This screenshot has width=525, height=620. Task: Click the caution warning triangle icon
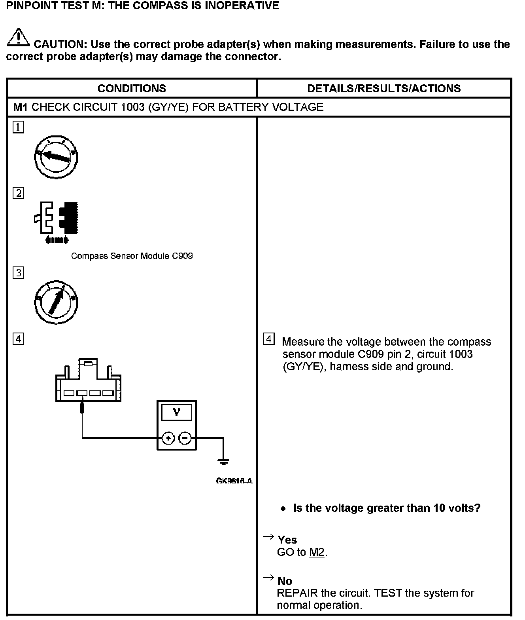pos(18,38)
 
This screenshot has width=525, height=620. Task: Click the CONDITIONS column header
pos(132,88)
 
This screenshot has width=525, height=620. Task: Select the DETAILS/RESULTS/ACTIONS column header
pos(384,88)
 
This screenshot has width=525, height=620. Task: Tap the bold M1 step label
pos(20,107)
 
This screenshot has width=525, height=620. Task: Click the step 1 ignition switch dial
pos(56,157)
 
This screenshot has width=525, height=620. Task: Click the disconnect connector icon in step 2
pos(56,222)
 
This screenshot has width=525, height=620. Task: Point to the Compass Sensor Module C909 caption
pos(132,256)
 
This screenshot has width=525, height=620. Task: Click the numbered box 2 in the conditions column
pos(18,193)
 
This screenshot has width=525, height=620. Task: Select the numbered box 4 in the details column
pos(268,339)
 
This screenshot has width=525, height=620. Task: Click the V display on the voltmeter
pos(177,413)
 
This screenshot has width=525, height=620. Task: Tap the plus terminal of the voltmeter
pos(168,438)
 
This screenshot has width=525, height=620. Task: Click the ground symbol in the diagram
pos(223,461)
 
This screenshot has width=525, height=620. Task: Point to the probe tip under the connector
pos(82,407)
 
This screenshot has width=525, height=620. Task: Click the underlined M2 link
pos(317,552)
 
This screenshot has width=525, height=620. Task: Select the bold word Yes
pos(287,540)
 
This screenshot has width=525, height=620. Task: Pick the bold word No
pos(285,581)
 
